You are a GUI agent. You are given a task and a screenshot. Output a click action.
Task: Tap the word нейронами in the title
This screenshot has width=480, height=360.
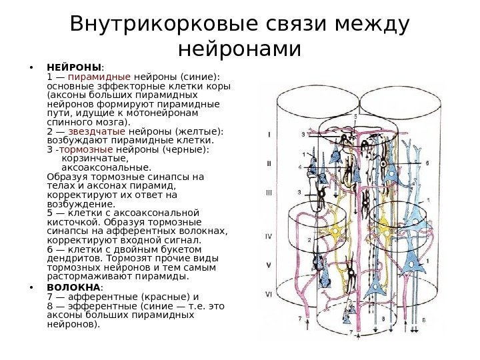point(241,49)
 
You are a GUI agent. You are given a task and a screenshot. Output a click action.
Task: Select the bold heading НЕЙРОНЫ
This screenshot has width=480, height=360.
point(74,67)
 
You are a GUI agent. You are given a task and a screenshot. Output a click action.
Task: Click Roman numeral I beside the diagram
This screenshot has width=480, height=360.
point(269,134)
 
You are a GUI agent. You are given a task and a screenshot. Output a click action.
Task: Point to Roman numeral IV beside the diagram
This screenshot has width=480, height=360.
point(269,236)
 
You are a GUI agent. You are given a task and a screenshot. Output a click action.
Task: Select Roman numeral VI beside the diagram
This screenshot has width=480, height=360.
point(269,294)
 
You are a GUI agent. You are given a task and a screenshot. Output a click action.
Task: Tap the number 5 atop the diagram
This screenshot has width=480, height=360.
point(355,117)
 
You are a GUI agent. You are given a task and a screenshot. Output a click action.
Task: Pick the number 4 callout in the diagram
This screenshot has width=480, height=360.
point(301,167)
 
